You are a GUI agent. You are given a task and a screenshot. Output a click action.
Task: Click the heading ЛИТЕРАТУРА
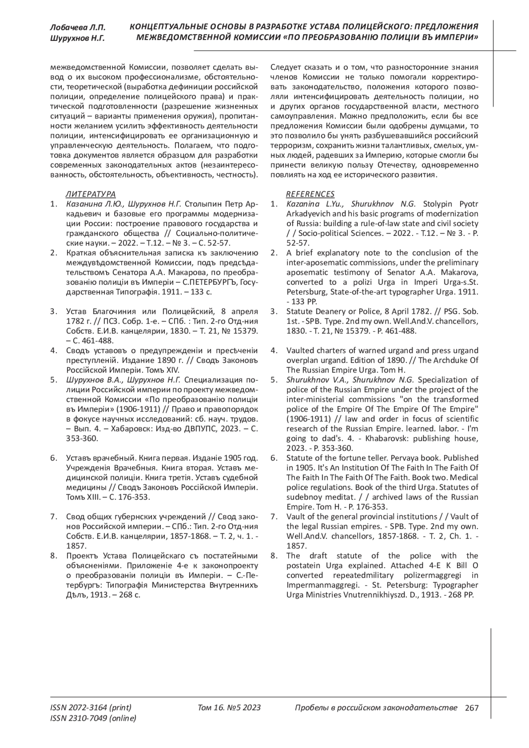coord(91,194)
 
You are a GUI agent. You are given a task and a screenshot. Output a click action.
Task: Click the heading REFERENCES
coord(310,194)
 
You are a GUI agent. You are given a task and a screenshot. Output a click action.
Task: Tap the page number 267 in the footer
coord(471,708)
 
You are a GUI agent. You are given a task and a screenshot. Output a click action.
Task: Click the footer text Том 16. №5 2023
coord(229,708)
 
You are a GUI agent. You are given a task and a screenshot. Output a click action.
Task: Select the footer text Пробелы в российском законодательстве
coord(376,708)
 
